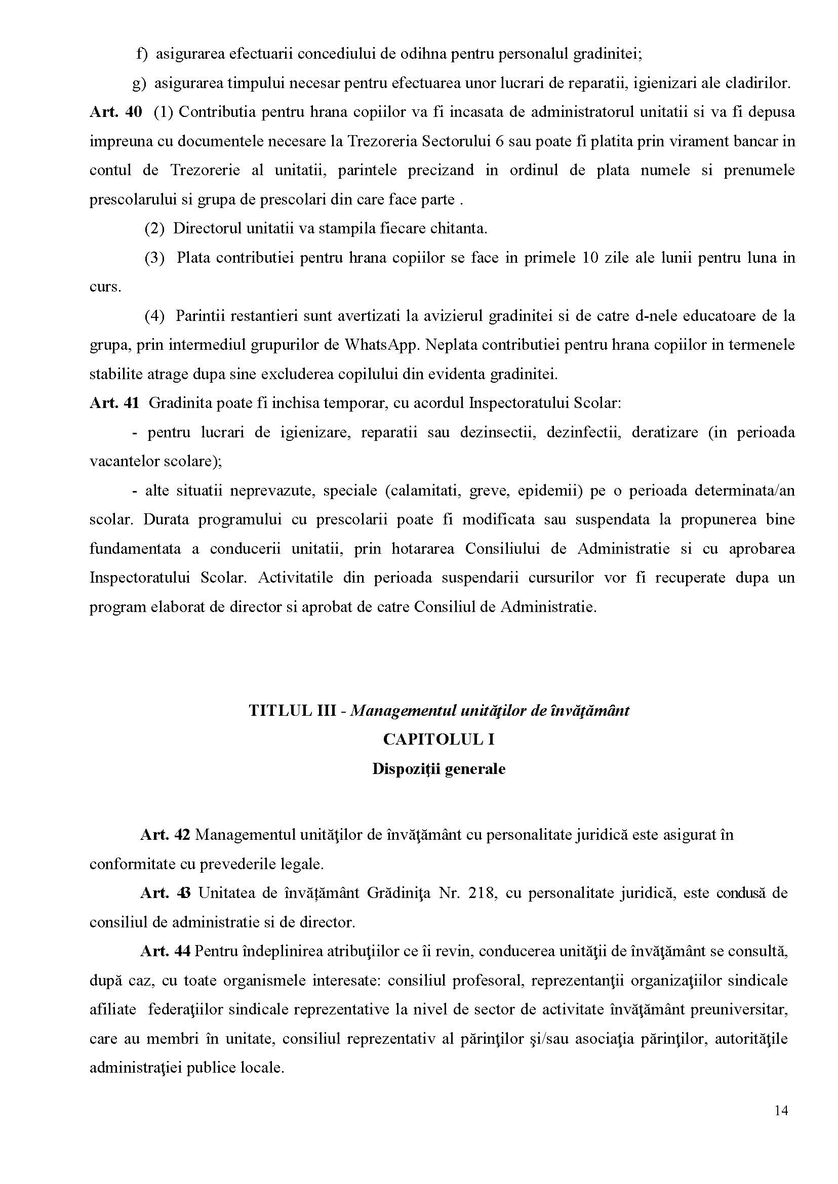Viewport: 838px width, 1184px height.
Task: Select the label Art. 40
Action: [x=115, y=112]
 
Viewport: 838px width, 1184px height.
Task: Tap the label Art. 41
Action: [x=114, y=403]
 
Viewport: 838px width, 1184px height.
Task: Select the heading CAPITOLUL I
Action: [x=438, y=739]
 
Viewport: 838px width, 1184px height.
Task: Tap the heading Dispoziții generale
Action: [x=438, y=769]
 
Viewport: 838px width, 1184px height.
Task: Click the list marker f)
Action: [x=141, y=54]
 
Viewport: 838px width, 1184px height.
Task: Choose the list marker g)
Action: [x=139, y=84]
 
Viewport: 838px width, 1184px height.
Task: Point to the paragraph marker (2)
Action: [x=154, y=228]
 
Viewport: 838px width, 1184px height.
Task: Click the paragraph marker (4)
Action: [x=154, y=315]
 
